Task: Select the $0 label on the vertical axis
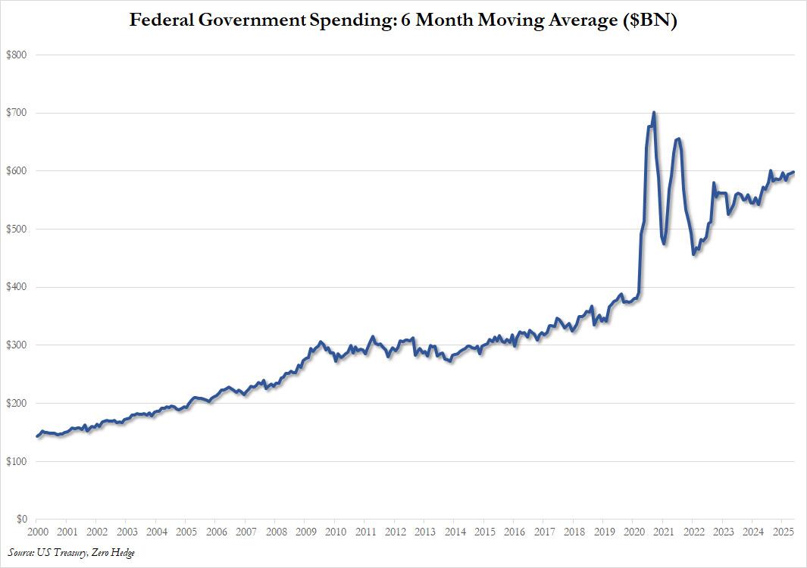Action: (22, 520)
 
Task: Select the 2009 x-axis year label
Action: (305, 533)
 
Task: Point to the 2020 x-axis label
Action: (633, 533)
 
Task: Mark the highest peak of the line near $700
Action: (654, 113)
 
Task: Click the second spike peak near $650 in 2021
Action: (678, 139)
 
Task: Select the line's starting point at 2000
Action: (36, 436)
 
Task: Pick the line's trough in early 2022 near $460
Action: (694, 254)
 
